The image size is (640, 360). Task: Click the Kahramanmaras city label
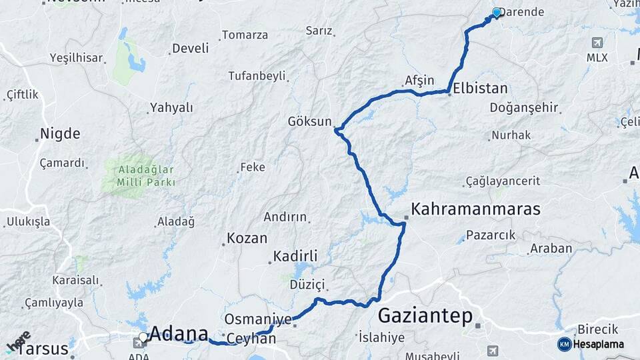pyautogui.click(x=475, y=209)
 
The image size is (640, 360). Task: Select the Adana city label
pyautogui.click(x=179, y=333)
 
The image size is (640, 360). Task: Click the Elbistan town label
pyautogui.click(x=480, y=88)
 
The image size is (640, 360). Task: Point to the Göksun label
pyautogui.click(x=309, y=121)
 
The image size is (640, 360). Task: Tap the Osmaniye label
pyautogui.click(x=258, y=319)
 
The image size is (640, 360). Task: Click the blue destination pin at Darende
pyautogui.click(x=496, y=13)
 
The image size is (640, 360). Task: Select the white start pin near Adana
pyautogui.click(x=143, y=337)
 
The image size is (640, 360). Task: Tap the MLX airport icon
pyautogui.click(x=597, y=43)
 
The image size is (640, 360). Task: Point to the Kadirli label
pyautogui.click(x=295, y=257)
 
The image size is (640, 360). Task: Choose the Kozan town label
pyautogui.click(x=247, y=238)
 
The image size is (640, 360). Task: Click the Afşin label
pyautogui.click(x=419, y=81)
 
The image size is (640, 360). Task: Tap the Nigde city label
pyautogui.click(x=60, y=133)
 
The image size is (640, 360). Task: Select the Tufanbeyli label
pyautogui.click(x=257, y=76)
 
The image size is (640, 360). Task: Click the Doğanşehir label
pyautogui.click(x=523, y=108)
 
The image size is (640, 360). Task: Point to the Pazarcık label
pyautogui.click(x=491, y=235)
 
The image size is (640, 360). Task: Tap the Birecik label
pyautogui.click(x=597, y=329)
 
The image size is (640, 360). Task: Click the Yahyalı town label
pyautogui.click(x=171, y=107)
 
